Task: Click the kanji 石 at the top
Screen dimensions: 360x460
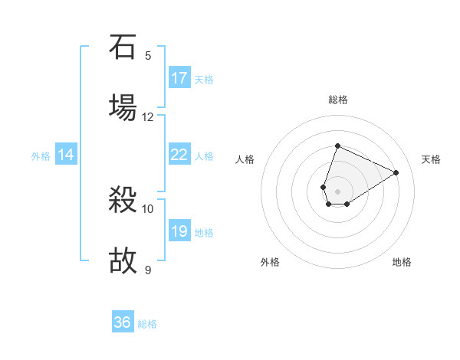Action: point(123,47)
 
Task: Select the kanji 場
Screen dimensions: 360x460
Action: point(123,107)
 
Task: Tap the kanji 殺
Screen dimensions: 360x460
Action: point(123,202)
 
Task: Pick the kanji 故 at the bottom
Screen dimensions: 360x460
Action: point(123,261)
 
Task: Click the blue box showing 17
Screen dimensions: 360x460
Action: point(179,78)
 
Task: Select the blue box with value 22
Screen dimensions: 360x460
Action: point(179,155)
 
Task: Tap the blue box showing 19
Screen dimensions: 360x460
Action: point(179,231)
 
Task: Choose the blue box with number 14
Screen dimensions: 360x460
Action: point(66,155)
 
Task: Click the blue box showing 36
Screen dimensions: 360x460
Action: point(123,322)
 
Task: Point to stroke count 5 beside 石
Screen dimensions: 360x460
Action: point(148,56)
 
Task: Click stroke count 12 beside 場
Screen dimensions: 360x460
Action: point(148,116)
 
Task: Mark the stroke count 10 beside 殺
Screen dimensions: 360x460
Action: point(148,208)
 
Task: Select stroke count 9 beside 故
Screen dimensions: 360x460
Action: point(148,270)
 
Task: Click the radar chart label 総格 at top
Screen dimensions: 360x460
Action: point(338,100)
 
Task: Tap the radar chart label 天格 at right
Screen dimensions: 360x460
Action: point(431,159)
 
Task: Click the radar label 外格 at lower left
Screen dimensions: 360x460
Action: point(270,262)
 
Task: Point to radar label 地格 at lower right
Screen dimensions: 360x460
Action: point(402,262)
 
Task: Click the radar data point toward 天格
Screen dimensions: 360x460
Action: point(396,172)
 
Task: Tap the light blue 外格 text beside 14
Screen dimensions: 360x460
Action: point(41,155)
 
